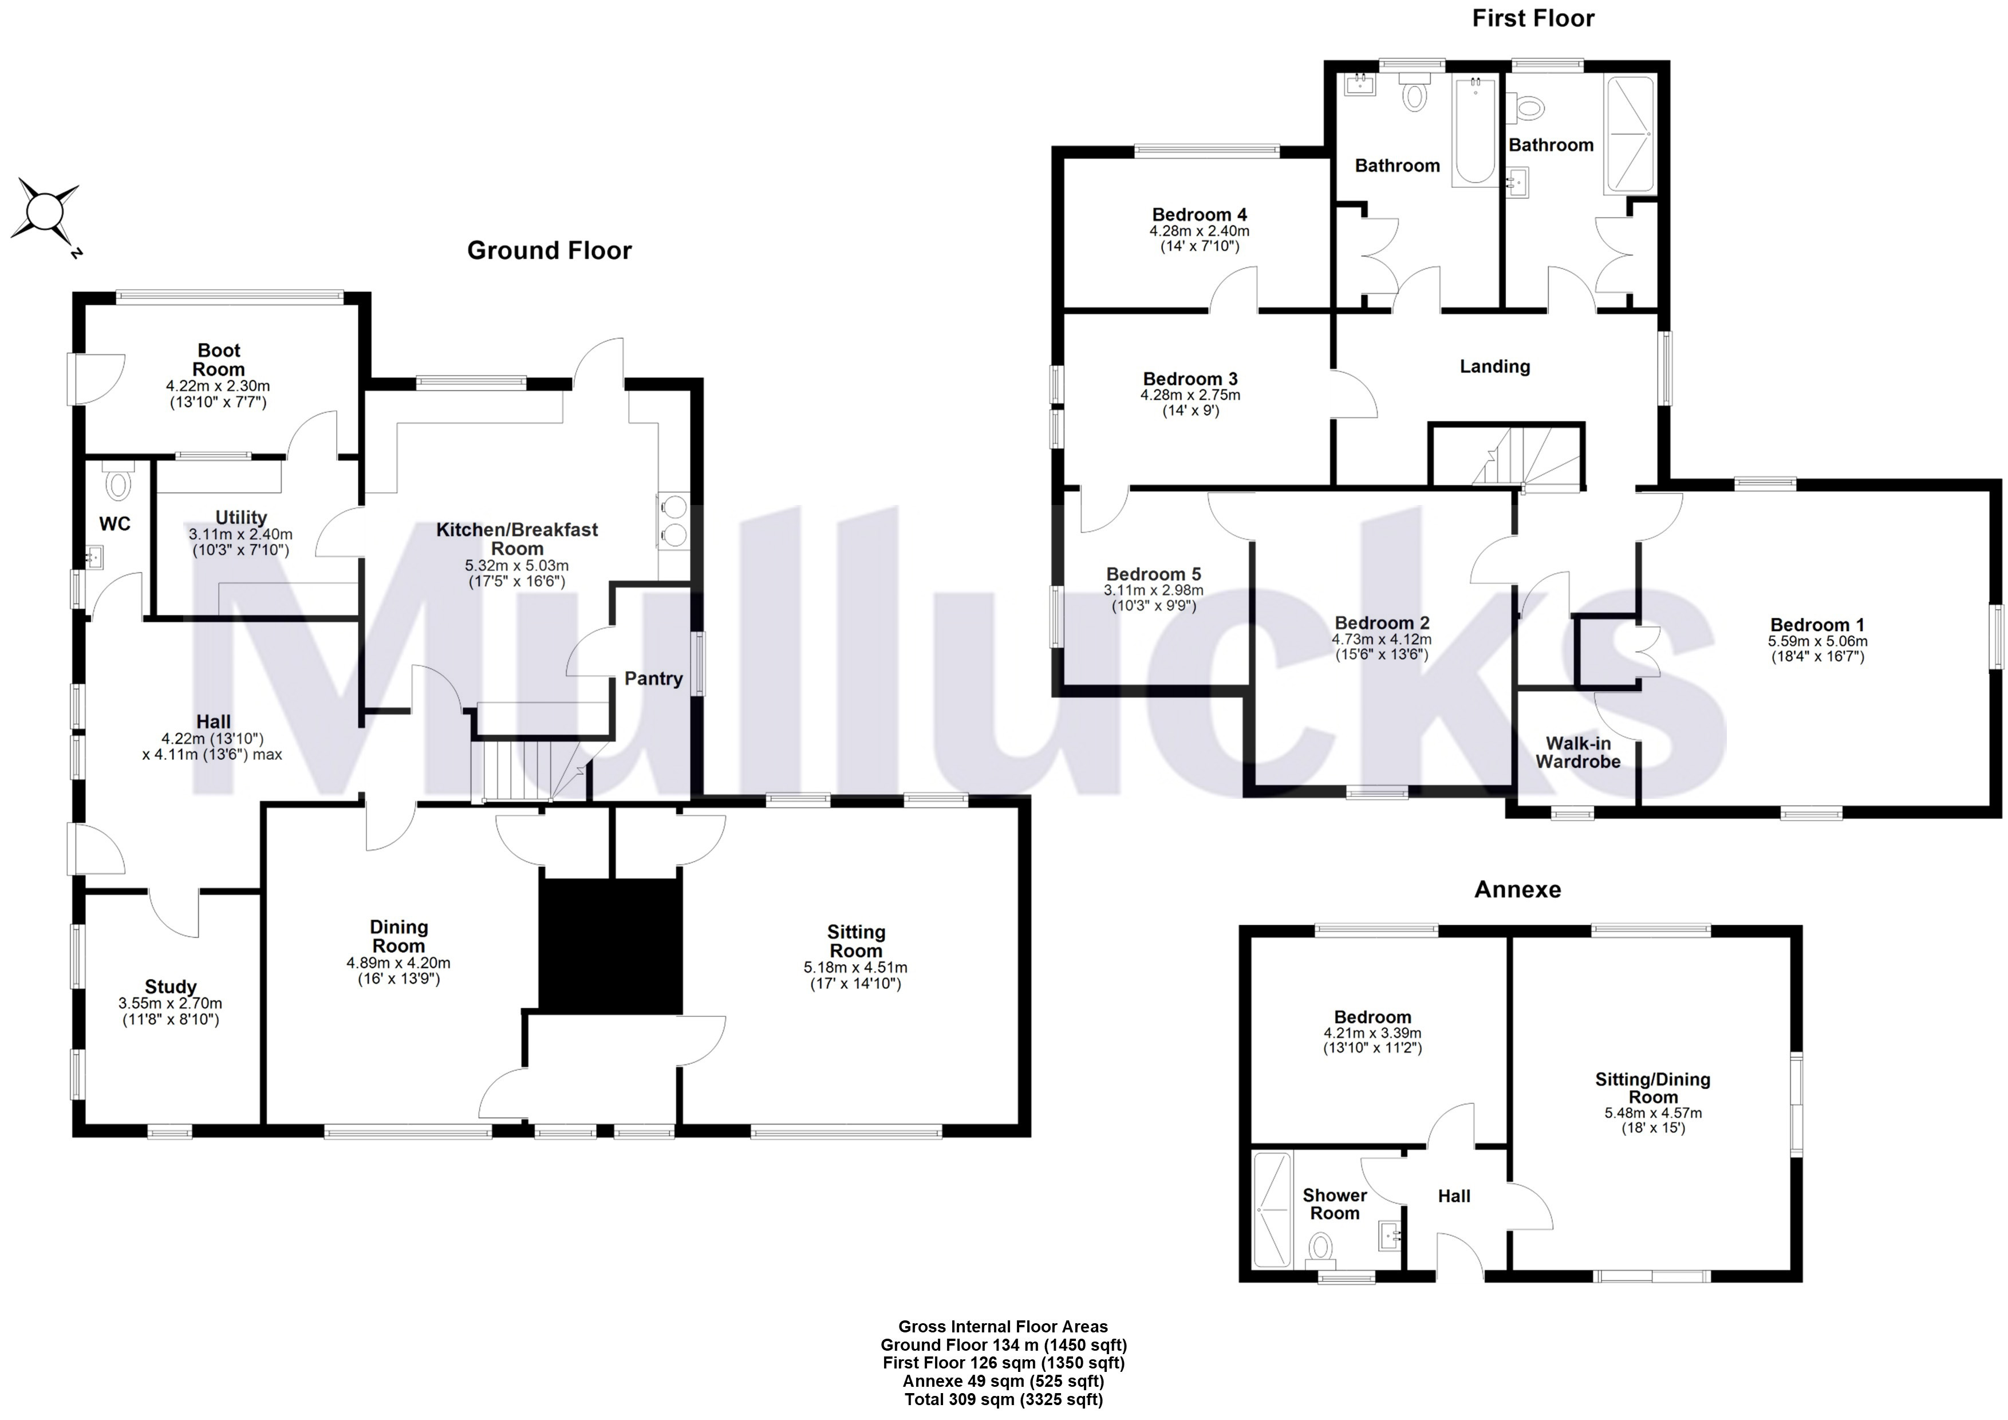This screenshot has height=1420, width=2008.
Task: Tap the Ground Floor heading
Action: pos(549,251)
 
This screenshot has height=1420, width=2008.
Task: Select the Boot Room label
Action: pos(219,360)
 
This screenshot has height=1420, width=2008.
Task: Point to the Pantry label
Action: pos(653,679)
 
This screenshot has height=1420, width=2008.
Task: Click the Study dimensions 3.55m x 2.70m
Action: pos(171,1004)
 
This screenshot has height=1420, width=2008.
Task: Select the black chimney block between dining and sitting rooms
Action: pos(610,946)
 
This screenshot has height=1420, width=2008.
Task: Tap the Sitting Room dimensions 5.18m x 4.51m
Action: pos(855,968)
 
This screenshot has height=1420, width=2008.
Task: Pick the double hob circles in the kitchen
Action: pos(674,520)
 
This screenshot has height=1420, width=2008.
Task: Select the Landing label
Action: pos(1494,366)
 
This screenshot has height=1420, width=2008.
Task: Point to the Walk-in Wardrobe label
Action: pos(1578,753)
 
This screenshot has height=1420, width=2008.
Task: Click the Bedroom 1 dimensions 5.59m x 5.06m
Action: pos(1817,641)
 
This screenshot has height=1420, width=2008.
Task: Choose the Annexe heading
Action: pos(1517,890)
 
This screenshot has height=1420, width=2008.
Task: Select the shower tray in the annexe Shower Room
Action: pos(1272,1210)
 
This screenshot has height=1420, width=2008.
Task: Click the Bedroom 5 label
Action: pos(1154,574)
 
